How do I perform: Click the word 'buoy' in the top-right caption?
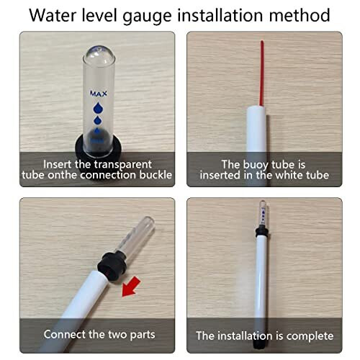click(x=247, y=164)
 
